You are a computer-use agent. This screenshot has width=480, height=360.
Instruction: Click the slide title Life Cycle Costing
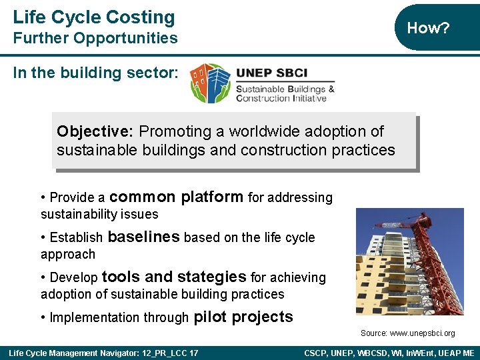point(93,17)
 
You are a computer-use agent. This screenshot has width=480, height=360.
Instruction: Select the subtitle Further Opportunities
point(95,38)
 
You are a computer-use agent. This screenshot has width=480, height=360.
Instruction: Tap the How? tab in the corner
point(428,28)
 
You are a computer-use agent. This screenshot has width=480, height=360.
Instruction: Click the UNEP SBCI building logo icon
point(209,83)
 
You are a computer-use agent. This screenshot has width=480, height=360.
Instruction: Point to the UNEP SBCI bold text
point(271,74)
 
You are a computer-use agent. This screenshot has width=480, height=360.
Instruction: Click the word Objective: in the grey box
point(95,132)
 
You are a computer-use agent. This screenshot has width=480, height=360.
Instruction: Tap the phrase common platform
point(176,197)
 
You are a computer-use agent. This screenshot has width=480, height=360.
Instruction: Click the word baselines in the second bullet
point(143,237)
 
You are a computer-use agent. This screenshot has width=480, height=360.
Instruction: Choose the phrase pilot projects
point(243,317)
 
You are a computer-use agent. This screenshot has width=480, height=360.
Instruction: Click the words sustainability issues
point(99,214)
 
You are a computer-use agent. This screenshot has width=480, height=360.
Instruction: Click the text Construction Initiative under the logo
point(281,99)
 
